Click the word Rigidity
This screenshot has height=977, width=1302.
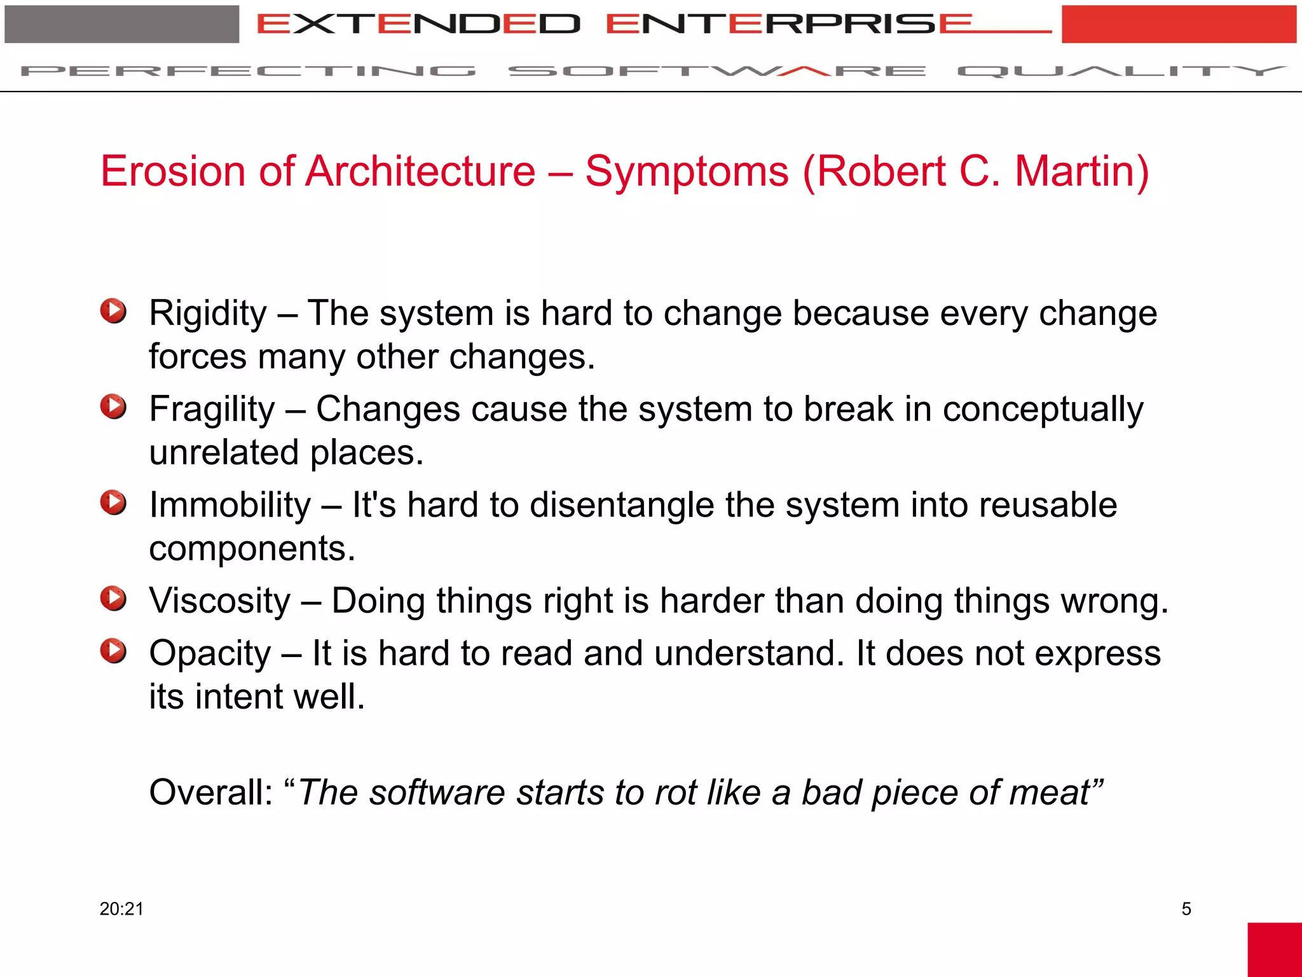[x=208, y=314]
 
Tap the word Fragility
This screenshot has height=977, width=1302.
[x=212, y=410]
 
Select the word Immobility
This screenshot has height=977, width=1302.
[x=230, y=506]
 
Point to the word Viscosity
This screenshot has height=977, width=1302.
[x=220, y=601]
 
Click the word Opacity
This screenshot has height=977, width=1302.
[x=210, y=654]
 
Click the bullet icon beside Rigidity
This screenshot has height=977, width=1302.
[x=113, y=311]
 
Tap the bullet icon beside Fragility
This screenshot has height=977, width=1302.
[x=113, y=406]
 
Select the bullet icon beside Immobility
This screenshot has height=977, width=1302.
[x=113, y=502]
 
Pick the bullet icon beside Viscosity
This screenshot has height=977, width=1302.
[x=113, y=599]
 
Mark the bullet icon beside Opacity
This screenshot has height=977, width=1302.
[x=113, y=651]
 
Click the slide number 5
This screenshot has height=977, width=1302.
[x=1186, y=909]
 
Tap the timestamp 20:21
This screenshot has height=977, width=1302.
[x=121, y=909]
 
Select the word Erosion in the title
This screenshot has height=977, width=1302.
[x=172, y=172]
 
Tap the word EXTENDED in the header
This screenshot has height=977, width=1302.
[x=418, y=24]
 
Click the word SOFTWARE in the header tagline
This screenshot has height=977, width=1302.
[x=716, y=71]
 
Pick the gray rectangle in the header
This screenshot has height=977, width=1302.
[x=121, y=24]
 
